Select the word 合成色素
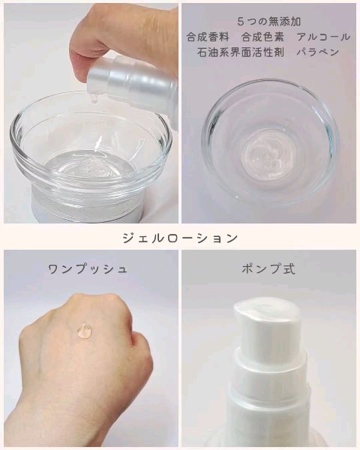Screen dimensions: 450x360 (257, 37)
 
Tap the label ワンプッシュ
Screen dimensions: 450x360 (88, 268)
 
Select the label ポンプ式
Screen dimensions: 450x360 (268, 268)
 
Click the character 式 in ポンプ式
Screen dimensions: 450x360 (289, 268)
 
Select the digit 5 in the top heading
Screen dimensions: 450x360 (238, 21)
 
